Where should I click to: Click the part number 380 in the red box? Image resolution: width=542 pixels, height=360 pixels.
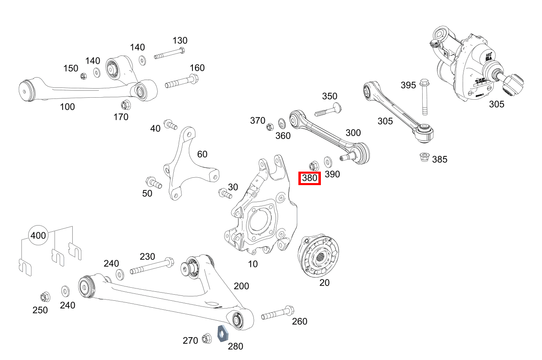(309, 178)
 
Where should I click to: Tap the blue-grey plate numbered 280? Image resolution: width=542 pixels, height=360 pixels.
(222, 333)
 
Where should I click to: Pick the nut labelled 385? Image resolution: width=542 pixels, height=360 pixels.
(424, 157)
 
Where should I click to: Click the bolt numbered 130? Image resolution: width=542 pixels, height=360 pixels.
(169, 54)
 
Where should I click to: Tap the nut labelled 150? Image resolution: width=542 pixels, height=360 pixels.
(83, 76)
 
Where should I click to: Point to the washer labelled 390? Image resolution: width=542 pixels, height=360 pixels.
(328, 161)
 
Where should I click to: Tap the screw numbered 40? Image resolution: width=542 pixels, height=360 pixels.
(170, 124)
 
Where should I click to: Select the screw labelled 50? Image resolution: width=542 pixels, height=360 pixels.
(153, 183)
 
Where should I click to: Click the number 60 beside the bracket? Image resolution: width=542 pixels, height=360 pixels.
(202, 154)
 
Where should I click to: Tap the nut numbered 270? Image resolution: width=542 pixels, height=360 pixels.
(206, 338)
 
